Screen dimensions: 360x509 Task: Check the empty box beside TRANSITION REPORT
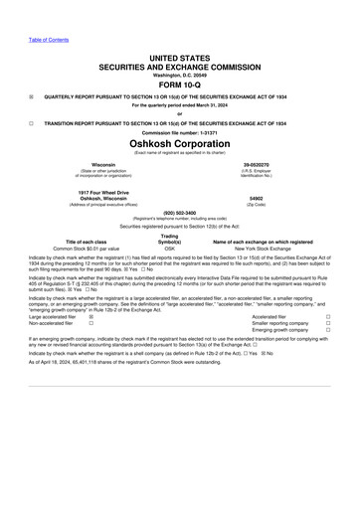tap(32, 122)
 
